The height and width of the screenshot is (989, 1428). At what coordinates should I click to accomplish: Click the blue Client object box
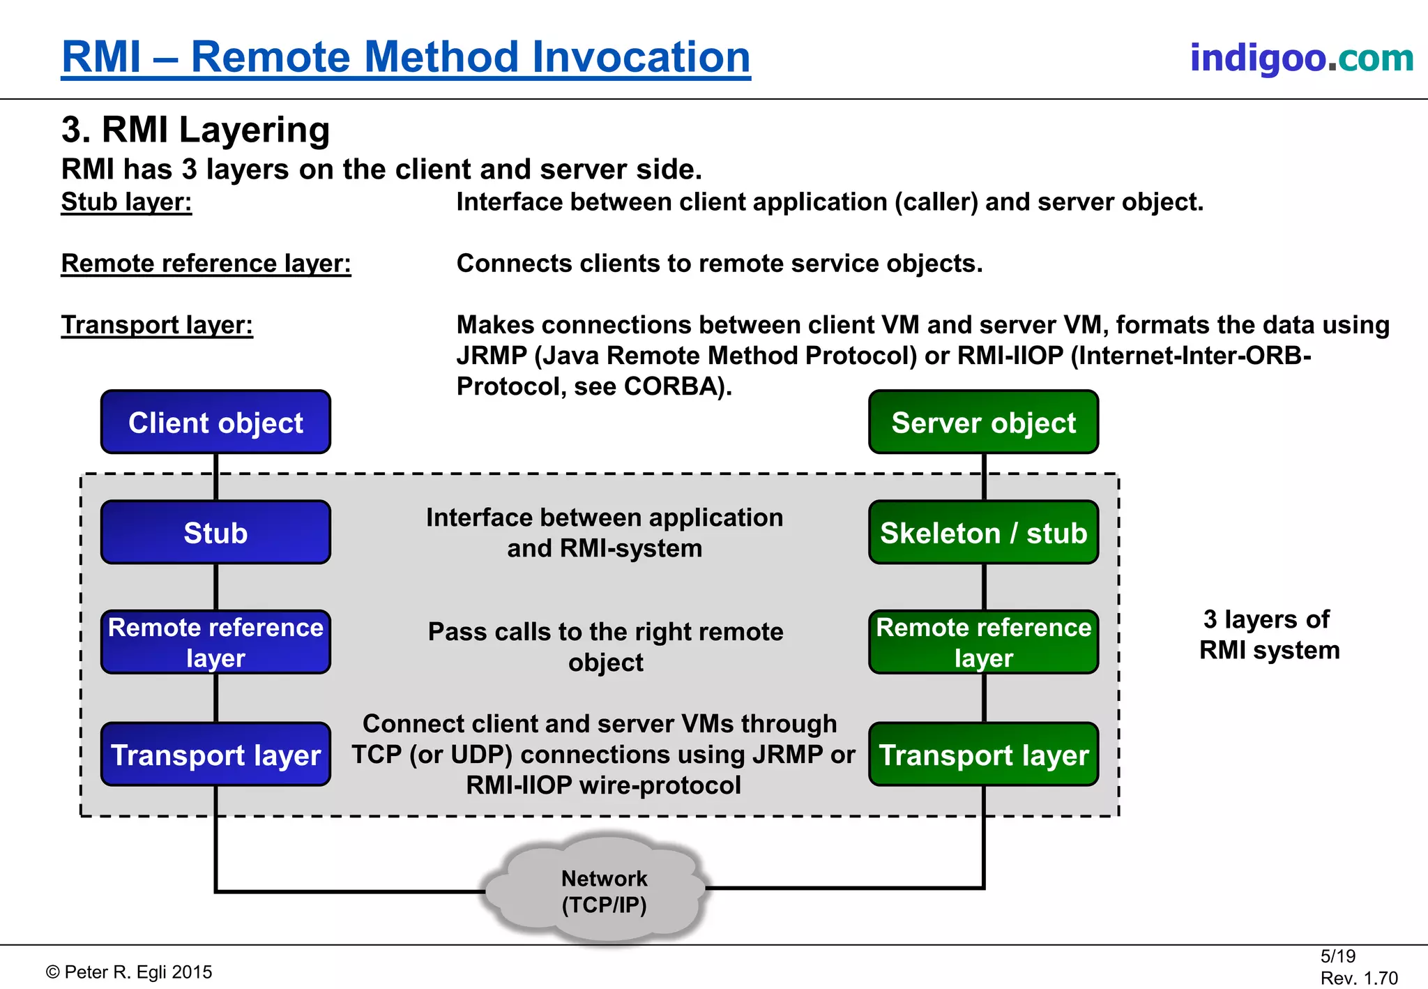215,422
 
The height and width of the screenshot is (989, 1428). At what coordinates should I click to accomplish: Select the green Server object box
983,422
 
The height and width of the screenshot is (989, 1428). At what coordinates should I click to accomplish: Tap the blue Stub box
215,532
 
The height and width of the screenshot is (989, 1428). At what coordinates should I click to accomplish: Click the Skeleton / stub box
983,532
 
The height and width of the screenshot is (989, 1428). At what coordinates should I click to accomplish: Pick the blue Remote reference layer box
215,642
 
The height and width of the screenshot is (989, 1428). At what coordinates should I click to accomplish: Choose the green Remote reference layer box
983,642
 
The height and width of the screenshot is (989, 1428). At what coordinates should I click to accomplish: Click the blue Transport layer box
215,755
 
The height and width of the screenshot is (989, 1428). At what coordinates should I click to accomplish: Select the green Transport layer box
983,755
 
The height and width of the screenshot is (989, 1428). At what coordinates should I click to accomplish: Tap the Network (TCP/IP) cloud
604,891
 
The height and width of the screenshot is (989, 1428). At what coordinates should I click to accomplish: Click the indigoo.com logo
1301,57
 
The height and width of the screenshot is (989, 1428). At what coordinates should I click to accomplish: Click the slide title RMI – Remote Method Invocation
406,57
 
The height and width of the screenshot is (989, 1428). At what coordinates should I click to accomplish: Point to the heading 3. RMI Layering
195,130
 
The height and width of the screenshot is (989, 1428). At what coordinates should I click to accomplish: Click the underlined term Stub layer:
126,202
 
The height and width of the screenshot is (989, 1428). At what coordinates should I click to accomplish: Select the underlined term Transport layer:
157,325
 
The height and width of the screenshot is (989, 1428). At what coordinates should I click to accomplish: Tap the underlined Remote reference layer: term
206,264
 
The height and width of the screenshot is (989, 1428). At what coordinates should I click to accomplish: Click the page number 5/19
1337,956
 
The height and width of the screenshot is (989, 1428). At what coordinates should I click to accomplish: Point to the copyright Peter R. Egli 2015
129,972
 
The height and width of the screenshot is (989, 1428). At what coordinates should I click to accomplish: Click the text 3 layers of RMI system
1268,635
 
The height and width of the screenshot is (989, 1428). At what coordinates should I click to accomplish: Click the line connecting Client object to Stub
216,477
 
